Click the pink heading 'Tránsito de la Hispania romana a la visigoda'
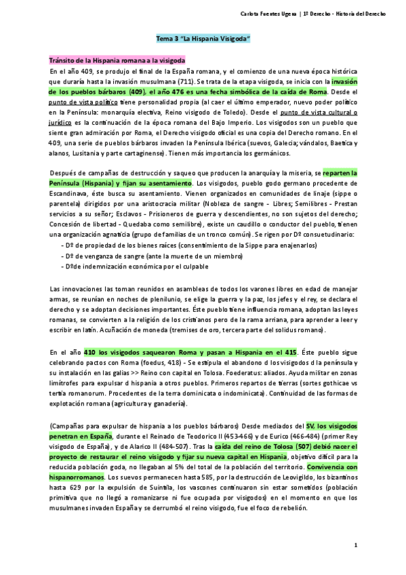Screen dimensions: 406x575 (x=117, y=60)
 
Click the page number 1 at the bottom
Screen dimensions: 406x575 (x=354, y=545)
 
